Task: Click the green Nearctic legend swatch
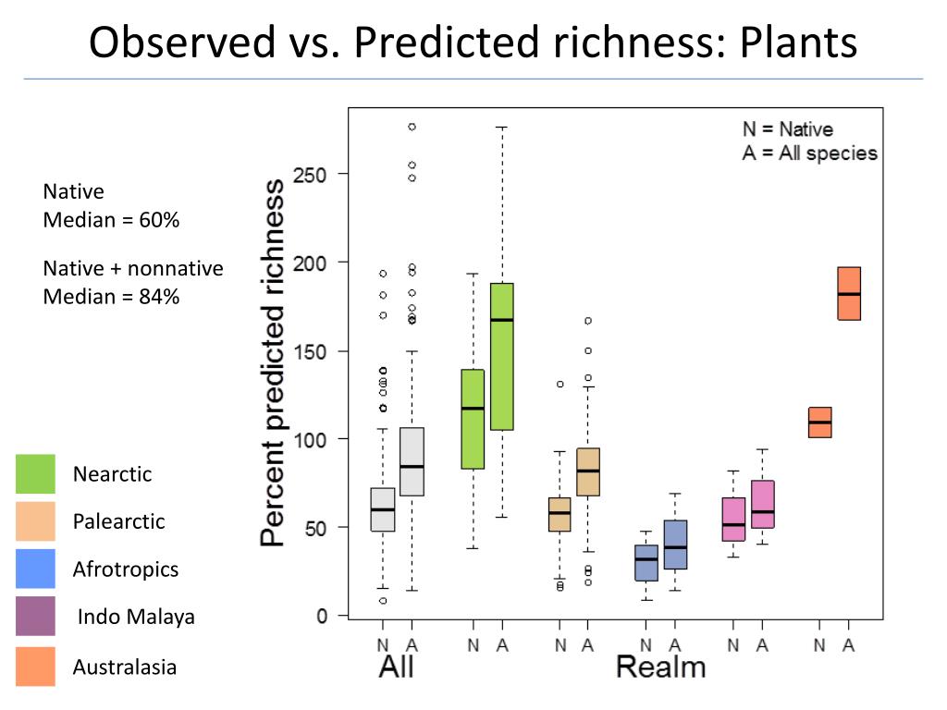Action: pos(35,474)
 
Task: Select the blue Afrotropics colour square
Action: pos(35,569)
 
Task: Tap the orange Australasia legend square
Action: pos(35,667)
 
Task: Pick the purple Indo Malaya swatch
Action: pos(35,617)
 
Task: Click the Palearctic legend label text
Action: pos(118,521)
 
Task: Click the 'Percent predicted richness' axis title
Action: pos(274,363)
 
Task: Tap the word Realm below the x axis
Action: pos(660,667)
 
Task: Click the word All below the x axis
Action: pos(396,667)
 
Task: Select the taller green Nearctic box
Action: pos(501,356)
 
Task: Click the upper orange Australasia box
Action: pos(848,293)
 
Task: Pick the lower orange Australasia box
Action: pos(819,422)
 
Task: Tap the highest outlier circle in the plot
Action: pos(412,127)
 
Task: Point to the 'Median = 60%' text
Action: pos(111,221)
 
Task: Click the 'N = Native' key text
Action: pos(787,129)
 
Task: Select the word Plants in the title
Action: pos(799,43)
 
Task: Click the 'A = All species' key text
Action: pos(809,153)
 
